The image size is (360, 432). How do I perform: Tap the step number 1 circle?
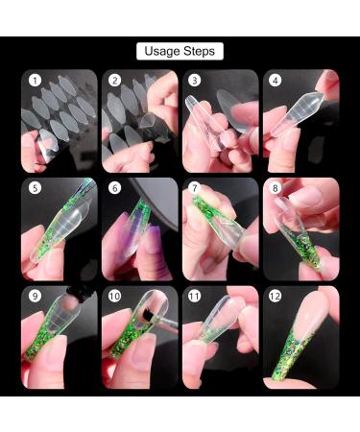pyautogui.click(x=36, y=83)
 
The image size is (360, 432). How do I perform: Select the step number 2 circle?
pyautogui.click(x=115, y=83)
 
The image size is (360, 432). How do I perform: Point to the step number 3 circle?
pyautogui.click(x=196, y=83)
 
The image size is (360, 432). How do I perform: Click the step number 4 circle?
pyautogui.click(x=276, y=83)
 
